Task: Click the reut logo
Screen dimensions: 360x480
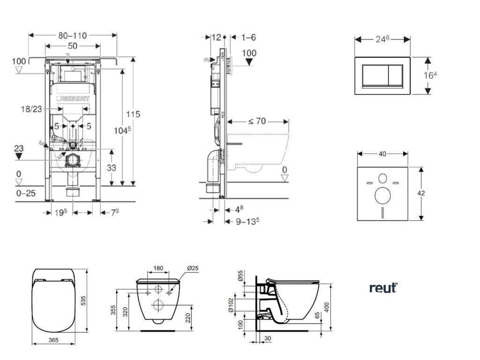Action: point(383,287)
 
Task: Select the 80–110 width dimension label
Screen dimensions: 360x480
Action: point(73,35)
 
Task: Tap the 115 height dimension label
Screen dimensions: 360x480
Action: point(134,114)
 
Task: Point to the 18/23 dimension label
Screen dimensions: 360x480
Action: point(31,109)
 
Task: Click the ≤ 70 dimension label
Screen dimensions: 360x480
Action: point(257,121)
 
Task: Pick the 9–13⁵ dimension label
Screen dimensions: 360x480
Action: point(247,221)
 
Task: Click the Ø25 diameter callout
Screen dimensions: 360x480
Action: point(193,268)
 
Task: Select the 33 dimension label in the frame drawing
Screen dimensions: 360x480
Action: point(112,167)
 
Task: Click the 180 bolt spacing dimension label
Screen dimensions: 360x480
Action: point(158,268)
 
